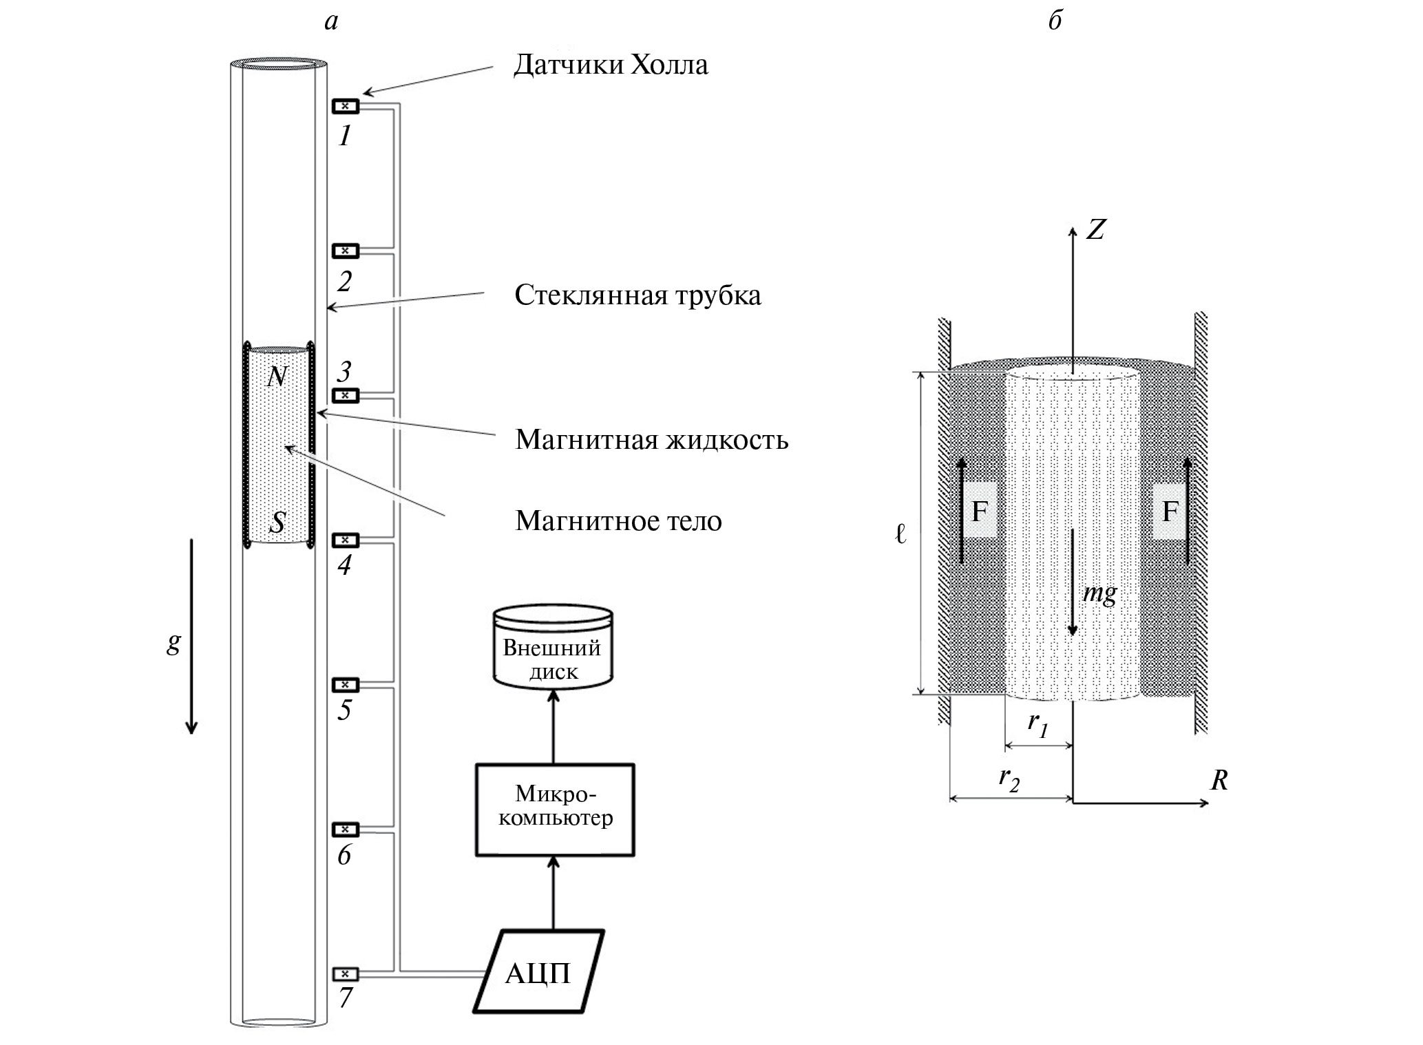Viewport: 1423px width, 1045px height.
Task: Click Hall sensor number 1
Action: coord(346,107)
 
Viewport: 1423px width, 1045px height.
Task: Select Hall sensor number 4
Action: coord(346,540)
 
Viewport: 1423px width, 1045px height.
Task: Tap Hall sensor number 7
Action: coord(346,974)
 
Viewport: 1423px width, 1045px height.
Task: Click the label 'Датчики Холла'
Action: coord(611,65)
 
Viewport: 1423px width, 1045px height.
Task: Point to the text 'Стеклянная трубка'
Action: coord(637,295)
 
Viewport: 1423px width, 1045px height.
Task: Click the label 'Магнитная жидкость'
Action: coord(651,439)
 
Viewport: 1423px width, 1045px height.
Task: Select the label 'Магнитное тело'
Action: coord(618,521)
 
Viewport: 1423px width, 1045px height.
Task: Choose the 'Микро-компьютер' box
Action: coord(555,809)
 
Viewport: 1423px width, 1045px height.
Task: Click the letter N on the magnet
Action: coord(277,377)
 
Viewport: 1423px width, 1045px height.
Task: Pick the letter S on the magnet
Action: coord(277,523)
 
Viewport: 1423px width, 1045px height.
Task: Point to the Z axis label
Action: coord(1095,230)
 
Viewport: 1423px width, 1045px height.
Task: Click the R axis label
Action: coord(1219,781)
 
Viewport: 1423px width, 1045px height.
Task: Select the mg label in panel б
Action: coord(1099,593)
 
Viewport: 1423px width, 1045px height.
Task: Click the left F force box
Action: coord(980,511)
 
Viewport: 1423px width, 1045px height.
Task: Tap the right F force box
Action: coord(1170,511)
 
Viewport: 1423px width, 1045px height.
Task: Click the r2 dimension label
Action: coord(1009,780)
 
